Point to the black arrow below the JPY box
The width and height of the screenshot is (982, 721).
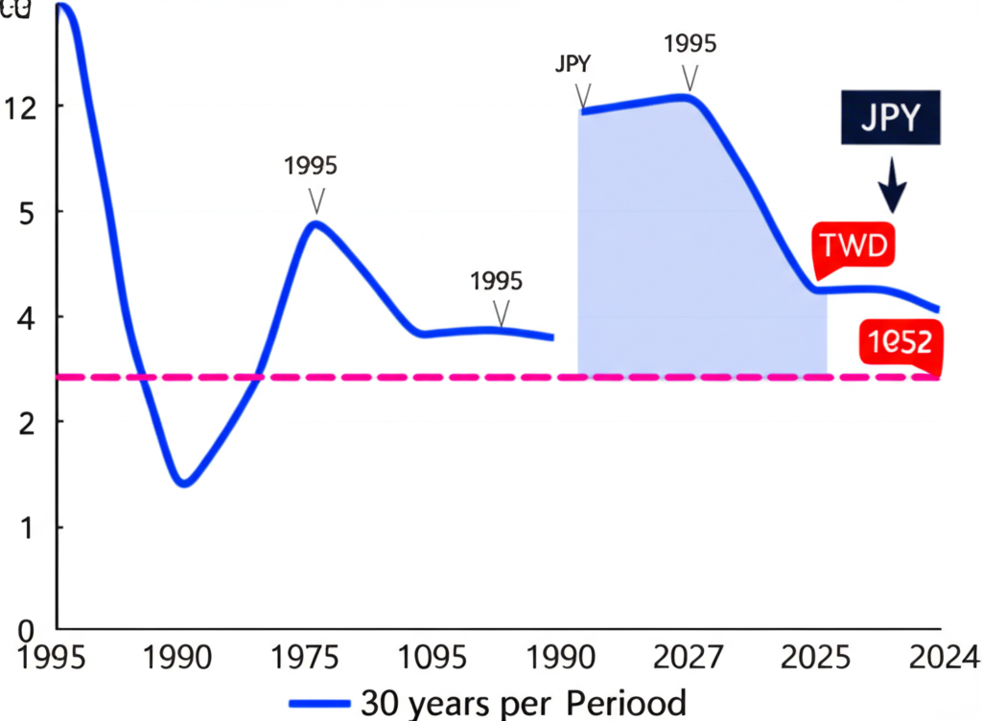click(x=894, y=186)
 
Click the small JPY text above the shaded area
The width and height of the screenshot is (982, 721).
click(x=573, y=65)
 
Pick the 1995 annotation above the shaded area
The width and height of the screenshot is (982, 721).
click(x=690, y=44)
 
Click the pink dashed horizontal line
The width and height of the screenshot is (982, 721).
click(x=479, y=377)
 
